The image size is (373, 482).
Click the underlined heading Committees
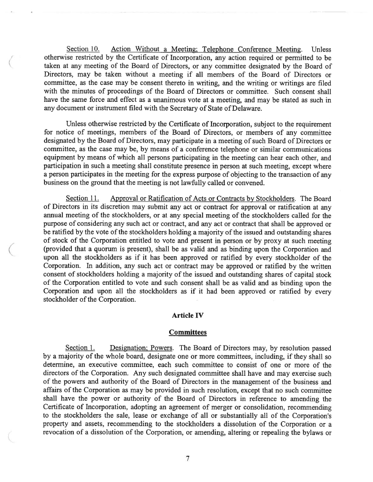pyautogui.click(x=187, y=332)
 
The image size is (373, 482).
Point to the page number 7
pyautogui.click(x=187, y=458)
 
